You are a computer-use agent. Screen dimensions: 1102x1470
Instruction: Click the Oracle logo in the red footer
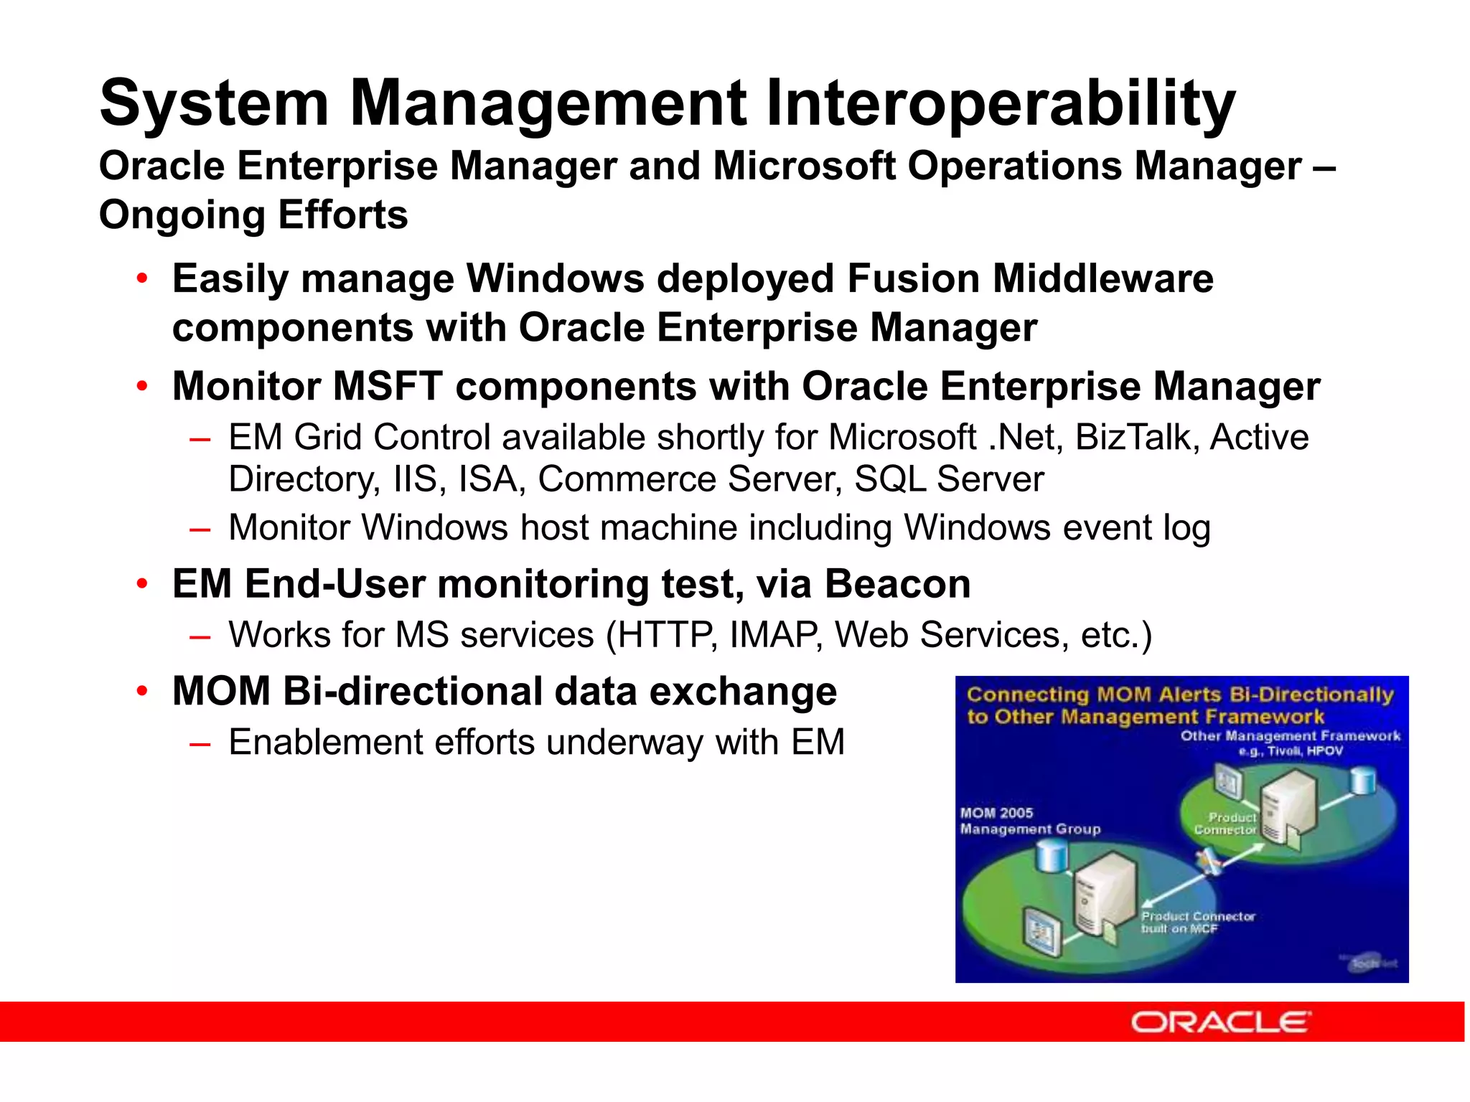[x=1220, y=1022]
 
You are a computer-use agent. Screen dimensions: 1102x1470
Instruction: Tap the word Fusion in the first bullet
[x=913, y=278]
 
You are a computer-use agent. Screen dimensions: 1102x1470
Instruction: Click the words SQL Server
[x=948, y=479]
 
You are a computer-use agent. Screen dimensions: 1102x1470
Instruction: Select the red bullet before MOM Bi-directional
[x=143, y=691]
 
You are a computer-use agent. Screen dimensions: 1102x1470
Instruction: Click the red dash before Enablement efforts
[x=200, y=743]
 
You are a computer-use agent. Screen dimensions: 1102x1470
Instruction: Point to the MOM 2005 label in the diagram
[x=996, y=813]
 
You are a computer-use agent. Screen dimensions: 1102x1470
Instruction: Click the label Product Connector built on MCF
[x=1197, y=922]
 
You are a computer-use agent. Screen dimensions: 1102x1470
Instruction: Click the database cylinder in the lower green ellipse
[x=1052, y=856]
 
